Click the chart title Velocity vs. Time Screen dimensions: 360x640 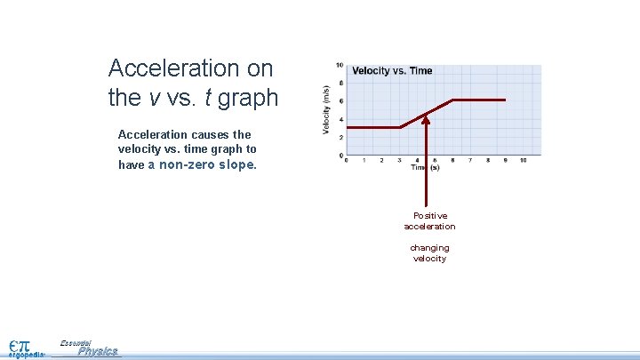[392, 71]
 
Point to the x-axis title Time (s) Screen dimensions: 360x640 [425, 167]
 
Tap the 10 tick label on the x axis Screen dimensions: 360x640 [523, 160]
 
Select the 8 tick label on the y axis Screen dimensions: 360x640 [341, 83]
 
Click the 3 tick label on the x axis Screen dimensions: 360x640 [399, 160]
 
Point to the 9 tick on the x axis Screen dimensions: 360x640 [505, 160]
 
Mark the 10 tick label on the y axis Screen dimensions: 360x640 [340, 65]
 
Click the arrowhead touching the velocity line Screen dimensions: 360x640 [426, 117]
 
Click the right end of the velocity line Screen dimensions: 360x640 [505, 100]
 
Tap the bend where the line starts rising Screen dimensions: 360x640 [400, 127]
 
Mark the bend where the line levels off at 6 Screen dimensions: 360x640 [452, 100]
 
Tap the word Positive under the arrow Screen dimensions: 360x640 [430, 216]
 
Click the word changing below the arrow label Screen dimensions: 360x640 [429, 248]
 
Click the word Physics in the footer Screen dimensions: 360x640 [98, 352]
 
